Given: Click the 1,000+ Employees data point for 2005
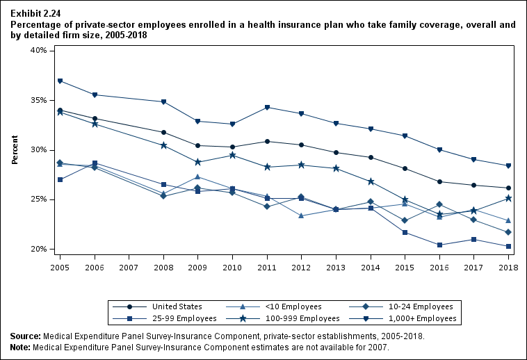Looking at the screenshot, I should [60, 81].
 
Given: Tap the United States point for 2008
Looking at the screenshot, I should [163, 132].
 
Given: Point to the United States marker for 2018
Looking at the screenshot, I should [509, 188].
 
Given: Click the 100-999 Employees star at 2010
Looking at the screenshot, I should [232, 155].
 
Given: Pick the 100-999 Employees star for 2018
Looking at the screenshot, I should [509, 198].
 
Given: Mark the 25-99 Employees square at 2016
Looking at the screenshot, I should [440, 245].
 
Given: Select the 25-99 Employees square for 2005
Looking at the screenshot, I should [60, 179].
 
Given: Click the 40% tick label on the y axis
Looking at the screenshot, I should [38, 51].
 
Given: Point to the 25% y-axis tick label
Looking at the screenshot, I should [38, 199].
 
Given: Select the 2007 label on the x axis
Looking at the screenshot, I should [129, 267].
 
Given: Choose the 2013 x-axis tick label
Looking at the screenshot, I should [335, 267].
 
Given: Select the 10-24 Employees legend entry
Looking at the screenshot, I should [423, 306].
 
